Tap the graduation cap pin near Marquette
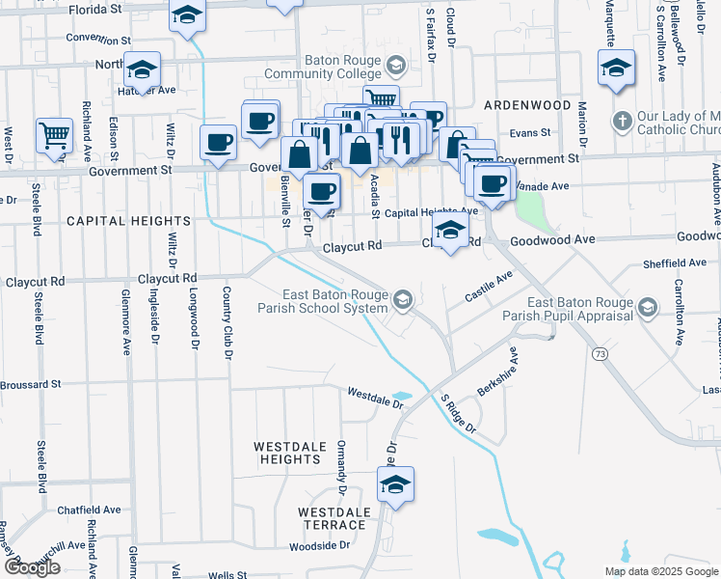[615, 68]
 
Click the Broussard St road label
[31, 384]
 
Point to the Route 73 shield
[601, 355]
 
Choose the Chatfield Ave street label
[89, 510]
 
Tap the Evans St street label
[529, 133]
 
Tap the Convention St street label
[98, 40]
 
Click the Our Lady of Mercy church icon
[622, 123]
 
